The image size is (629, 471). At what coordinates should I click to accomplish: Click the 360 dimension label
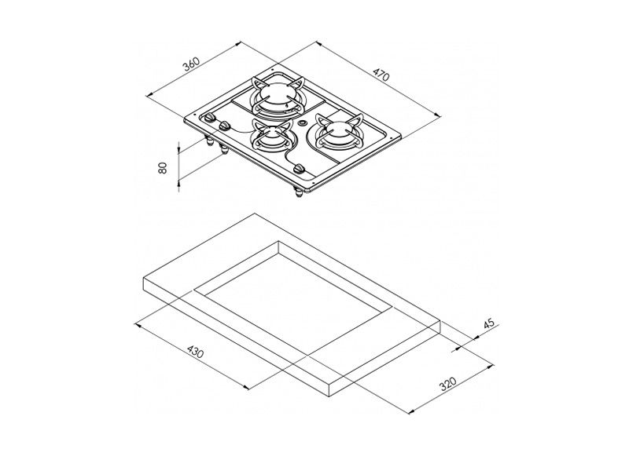click(192, 65)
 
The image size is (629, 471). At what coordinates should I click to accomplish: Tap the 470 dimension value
click(381, 75)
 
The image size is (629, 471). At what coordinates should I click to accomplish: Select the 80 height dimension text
click(163, 168)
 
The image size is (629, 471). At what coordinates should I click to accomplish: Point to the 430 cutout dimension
click(195, 352)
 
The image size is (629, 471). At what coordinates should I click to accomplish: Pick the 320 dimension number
click(448, 384)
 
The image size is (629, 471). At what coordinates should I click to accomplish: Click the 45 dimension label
click(489, 324)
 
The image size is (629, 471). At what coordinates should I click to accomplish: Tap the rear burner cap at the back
click(276, 93)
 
